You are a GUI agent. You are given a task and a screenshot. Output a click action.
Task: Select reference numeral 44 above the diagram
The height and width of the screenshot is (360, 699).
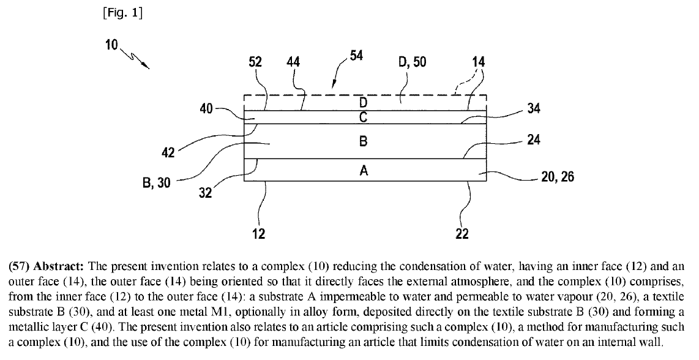pos(294,62)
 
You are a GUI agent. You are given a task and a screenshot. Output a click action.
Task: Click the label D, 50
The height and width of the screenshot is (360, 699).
pos(412,62)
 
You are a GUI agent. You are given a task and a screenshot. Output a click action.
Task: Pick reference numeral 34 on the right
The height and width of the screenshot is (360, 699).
pos(533,110)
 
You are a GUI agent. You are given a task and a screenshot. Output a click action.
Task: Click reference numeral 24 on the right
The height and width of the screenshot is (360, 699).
pos(533,140)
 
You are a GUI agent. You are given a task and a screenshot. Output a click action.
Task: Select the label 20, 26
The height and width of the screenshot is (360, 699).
pos(557,178)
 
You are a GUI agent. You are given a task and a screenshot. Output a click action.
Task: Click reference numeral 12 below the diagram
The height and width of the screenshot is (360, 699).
pos(258,233)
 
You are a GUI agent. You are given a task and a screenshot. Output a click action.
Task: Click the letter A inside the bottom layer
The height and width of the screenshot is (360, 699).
pos(364,171)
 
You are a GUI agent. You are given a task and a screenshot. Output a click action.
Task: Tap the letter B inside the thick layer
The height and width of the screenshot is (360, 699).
pos(363,142)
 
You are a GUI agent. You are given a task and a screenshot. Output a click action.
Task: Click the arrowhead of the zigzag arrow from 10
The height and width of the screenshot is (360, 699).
pos(148,66)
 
